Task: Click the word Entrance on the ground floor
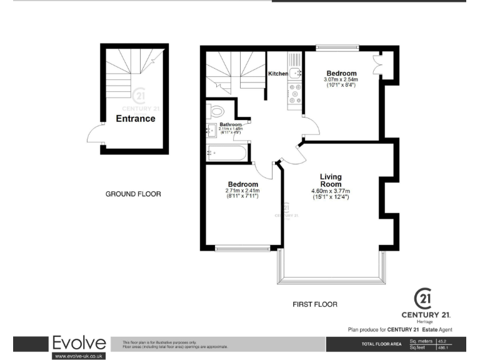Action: click(x=136, y=119)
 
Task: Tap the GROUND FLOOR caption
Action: click(x=132, y=194)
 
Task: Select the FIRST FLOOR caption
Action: click(x=315, y=304)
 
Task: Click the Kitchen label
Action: click(x=278, y=74)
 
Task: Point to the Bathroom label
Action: click(x=230, y=124)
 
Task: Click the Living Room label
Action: click(x=331, y=181)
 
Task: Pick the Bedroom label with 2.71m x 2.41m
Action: click(x=242, y=184)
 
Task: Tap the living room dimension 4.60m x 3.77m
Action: click(x=331, y=191)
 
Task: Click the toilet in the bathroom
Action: click(x=216, y=112)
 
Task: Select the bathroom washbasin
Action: click(x=211, y=131)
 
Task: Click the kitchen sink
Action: click(x=295, y=72)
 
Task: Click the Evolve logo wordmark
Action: click(x=79, y=344)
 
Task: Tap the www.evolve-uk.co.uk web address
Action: click(x=79, y=356)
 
